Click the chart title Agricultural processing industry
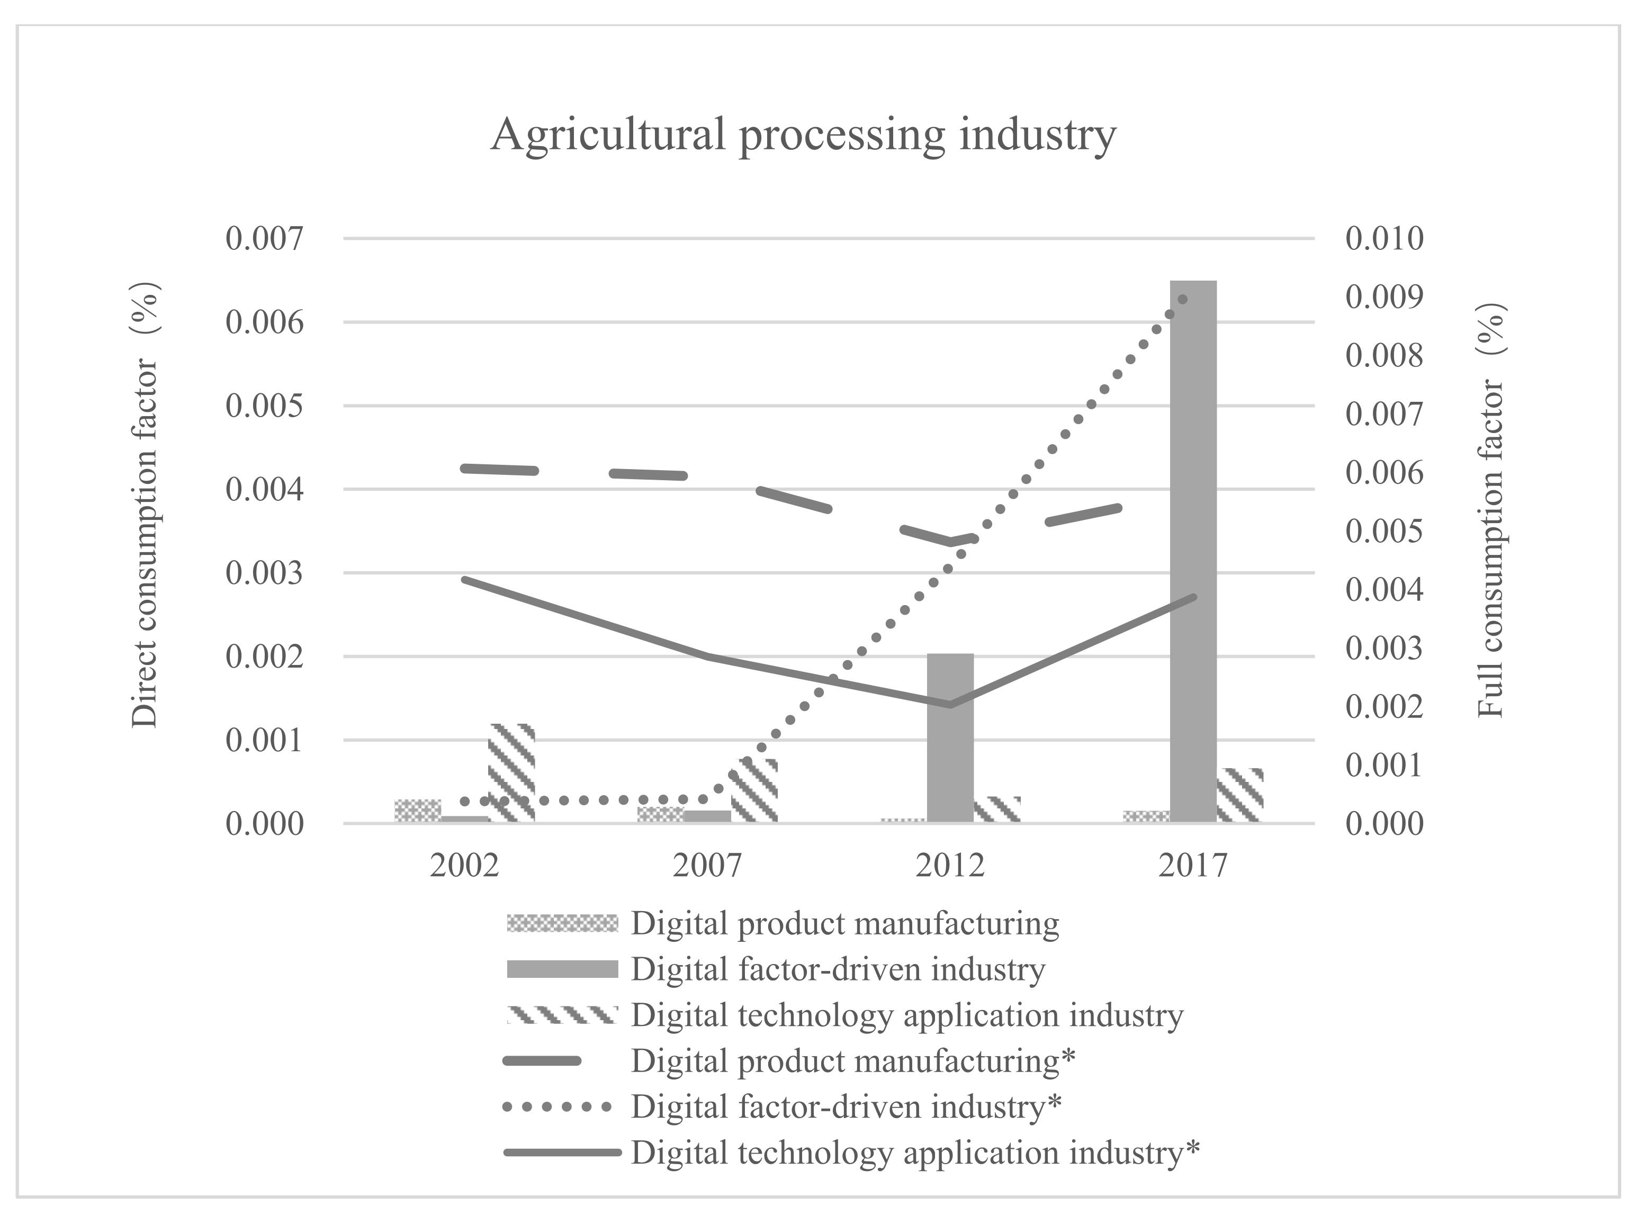[x=803, y=136]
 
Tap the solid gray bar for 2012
[x=950, y=737]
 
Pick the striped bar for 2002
[x=511, y=773]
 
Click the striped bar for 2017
[x=1239, y=795]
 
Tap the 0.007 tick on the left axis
[x=265, y=239]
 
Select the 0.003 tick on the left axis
[x=265, y=573]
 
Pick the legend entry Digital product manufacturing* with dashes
[x=852, y=1061]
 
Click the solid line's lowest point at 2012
[x=950, y=704]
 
